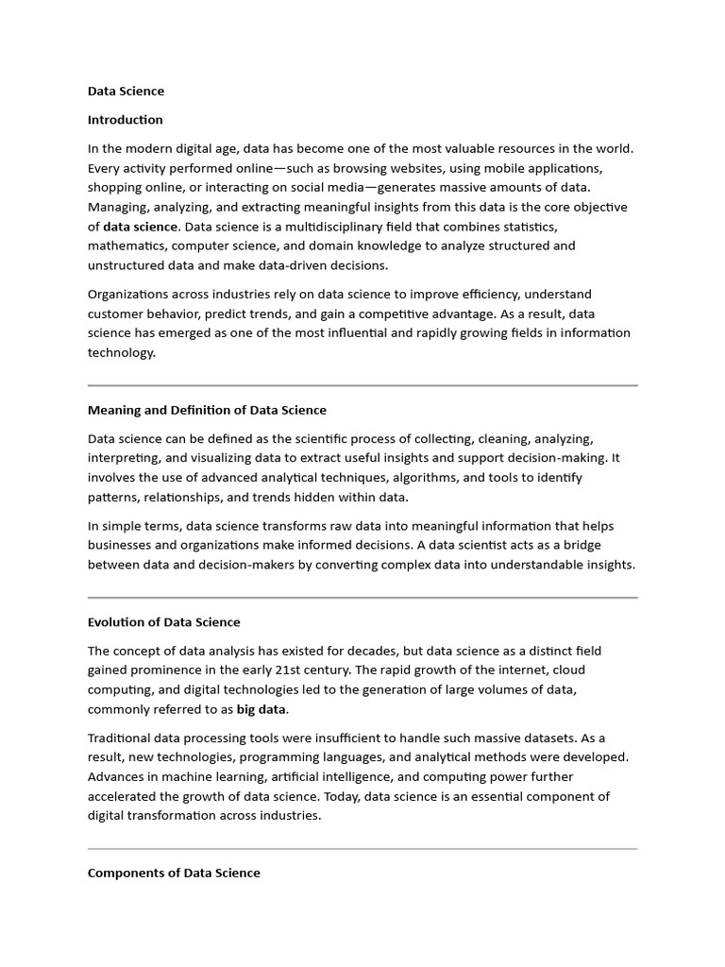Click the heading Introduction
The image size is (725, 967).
[125, 120]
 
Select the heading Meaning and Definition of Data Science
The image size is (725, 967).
[207, 410]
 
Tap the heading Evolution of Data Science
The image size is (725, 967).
[163, 622]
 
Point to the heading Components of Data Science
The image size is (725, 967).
[174, 874]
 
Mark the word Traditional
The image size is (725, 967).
[123, 738]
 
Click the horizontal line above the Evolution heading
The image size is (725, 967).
[362, 598]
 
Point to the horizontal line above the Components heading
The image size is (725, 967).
[362, 849]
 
